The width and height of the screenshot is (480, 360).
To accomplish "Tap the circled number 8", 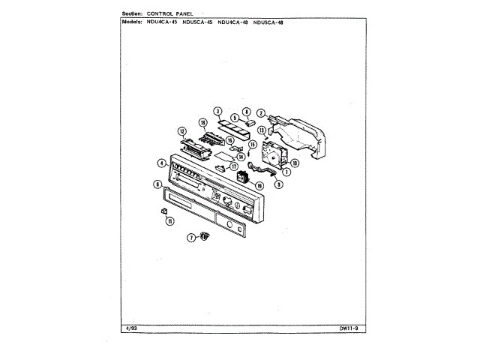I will [x=246, y=111].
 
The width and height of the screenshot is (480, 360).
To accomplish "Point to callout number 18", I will [x=202, y=122].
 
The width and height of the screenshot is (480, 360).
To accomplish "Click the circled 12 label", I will [x=181, y=130].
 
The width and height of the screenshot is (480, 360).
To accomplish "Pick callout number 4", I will [x=161, y=163].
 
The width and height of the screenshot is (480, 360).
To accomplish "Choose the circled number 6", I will [x=157, y=184].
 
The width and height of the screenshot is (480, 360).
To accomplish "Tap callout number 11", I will [x=170, y=221].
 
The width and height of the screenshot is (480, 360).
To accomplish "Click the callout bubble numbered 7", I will [x=191, y=238].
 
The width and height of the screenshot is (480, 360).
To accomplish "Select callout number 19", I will [x=259, y=185].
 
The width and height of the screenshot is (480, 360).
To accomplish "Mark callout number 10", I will [x=295, y=163].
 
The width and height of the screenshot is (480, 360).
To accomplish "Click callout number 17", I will [x=234, y=166].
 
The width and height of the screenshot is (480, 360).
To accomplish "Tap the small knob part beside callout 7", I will [x=204, y=237].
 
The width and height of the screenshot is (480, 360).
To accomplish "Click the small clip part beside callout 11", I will [x=163, y=212].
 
